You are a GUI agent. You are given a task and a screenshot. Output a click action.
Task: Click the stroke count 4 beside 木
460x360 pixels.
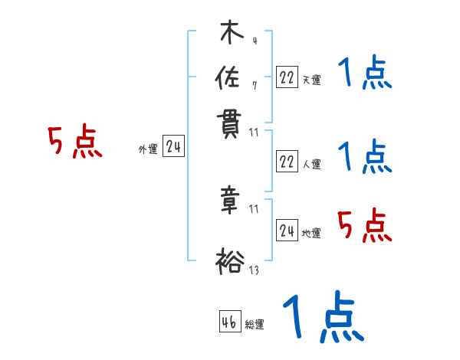point(254,41)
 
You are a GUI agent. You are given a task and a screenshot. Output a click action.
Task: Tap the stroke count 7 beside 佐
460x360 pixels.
point(254,86)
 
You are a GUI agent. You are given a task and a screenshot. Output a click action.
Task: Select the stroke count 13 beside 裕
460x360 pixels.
point(255,269)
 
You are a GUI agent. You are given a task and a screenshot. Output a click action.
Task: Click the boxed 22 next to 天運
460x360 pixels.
point(287,77)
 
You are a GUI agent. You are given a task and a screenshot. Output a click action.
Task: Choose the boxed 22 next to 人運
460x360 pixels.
point(287,161)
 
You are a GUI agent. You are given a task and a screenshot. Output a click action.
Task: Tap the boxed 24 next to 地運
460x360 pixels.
point(287,231)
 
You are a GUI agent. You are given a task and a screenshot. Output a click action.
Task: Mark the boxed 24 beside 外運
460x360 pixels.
point(173,146)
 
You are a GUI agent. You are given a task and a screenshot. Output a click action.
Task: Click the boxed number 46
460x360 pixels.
point(229,322)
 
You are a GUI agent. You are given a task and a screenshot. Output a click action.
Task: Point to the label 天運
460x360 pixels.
point(311,79)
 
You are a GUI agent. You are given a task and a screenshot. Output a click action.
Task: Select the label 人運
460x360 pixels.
point(311,163)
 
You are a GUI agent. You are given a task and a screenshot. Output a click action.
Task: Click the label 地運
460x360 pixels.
point(311,233)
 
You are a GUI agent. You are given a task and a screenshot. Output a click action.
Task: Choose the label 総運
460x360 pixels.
point(255,325)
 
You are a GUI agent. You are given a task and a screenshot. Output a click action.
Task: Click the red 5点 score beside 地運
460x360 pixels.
point(364,225)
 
